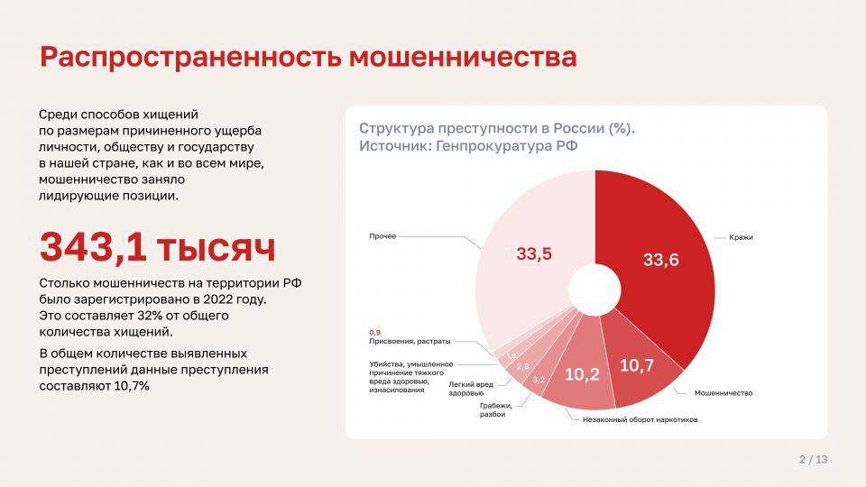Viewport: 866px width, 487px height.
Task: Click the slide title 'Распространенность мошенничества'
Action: (309, 58)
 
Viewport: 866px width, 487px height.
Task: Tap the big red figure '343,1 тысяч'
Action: (157, 247)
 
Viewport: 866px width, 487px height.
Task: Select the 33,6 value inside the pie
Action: (660, 260)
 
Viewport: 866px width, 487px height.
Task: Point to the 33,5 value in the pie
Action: (534, 253)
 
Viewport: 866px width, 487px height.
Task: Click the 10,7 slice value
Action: (637, 365)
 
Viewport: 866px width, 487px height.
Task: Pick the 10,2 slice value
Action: (582, 374)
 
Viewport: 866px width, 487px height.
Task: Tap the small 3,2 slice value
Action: (539, 380)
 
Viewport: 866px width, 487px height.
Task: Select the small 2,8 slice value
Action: (523, 367)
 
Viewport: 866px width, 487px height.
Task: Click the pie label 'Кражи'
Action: (742, 237)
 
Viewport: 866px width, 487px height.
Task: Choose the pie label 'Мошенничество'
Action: (723, 393)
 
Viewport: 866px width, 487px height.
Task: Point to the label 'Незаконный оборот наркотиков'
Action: (640, 419)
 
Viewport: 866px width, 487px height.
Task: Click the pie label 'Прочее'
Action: (382, 236)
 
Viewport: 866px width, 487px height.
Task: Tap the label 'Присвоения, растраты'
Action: (410, 341)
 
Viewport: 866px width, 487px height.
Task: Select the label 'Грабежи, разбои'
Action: (496, 409)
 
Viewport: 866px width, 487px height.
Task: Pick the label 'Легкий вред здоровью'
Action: (471, 389)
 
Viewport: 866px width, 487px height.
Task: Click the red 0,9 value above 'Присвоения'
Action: (375, 333)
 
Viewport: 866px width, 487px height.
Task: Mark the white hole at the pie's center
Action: (594, 289)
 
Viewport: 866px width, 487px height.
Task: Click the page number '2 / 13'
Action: (813, 459)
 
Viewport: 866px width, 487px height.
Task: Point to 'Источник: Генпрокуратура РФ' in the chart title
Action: (468, 146)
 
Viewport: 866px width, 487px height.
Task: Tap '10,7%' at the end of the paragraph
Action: (132, 386)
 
